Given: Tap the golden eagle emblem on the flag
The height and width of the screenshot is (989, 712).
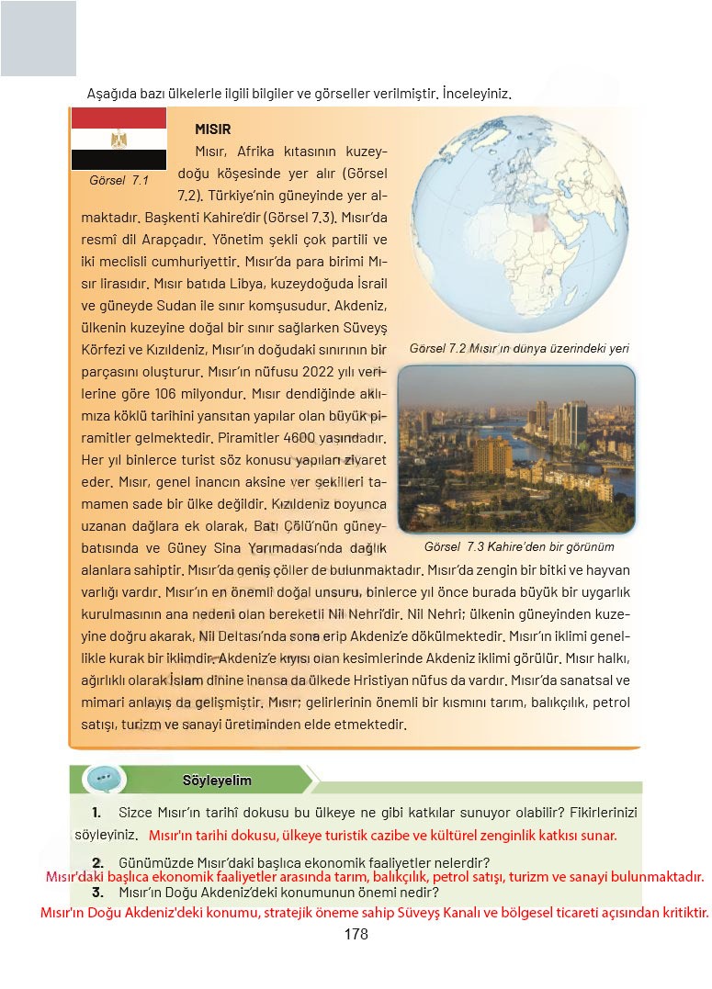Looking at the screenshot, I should [119, 140].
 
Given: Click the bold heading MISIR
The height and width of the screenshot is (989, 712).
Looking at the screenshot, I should [212, 129].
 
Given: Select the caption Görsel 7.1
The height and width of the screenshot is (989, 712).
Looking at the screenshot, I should [119, 180].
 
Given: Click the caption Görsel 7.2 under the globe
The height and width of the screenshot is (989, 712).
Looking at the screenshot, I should [523, 349].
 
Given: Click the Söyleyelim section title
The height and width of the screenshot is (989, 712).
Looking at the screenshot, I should [217, 781].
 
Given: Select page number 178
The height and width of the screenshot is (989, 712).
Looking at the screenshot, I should [356, 934].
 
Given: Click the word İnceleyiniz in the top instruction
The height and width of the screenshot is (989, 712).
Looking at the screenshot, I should [475, 94].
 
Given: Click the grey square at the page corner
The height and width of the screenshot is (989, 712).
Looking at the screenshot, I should [38, 39].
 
